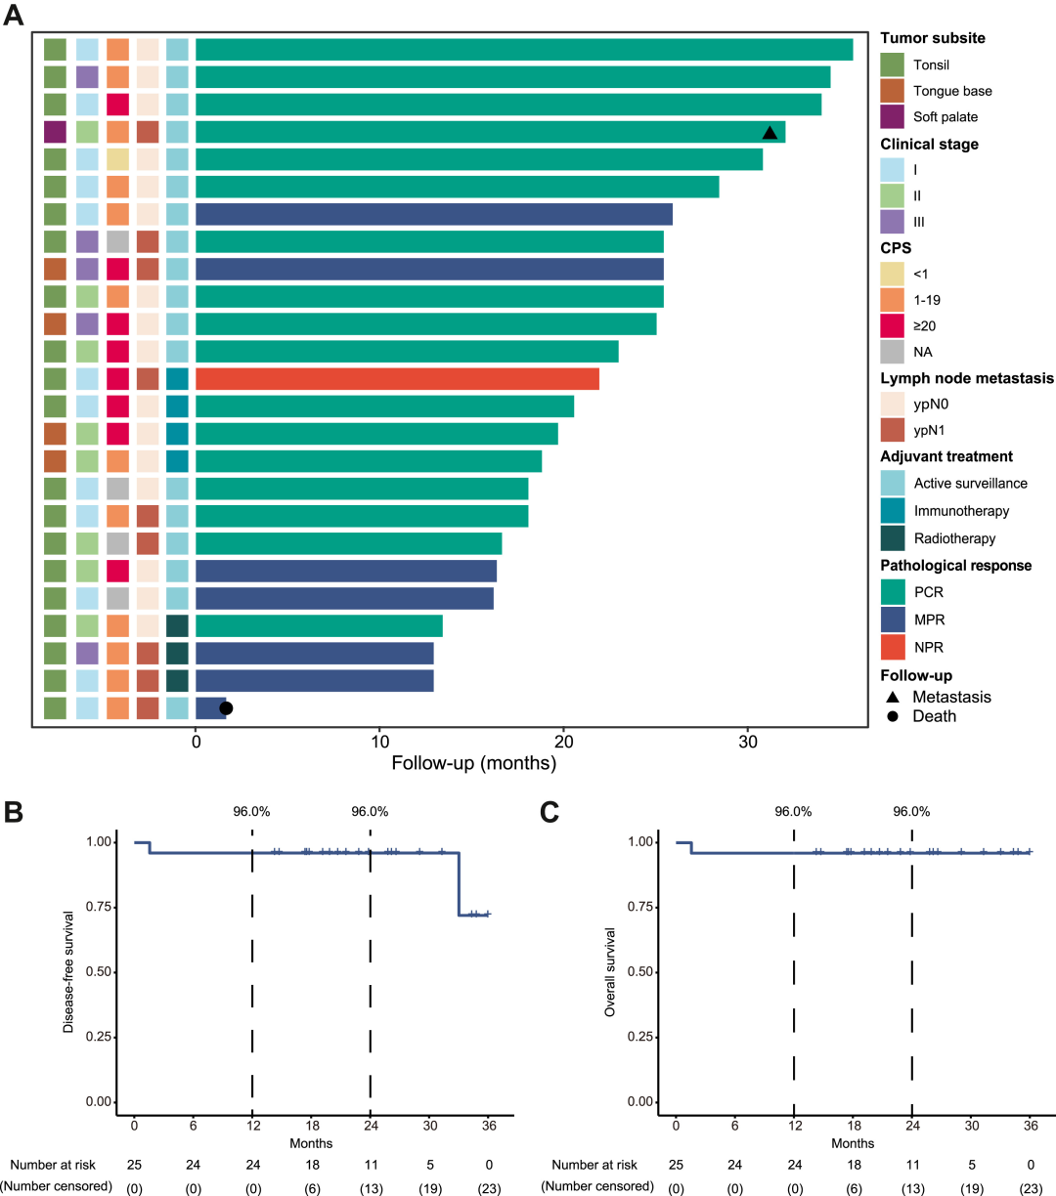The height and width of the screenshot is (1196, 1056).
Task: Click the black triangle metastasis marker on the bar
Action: click(770, 133)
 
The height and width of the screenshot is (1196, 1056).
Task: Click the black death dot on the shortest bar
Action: click(226, 708)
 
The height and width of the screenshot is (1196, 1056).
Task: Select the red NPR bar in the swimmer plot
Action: click(397, 379)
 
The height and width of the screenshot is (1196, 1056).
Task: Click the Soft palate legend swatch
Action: click(892, 116)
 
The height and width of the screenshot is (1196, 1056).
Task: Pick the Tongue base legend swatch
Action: click(892, 91)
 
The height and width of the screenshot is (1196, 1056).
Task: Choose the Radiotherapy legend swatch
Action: click(892, 538)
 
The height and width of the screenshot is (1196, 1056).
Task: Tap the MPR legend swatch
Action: click(892, 619)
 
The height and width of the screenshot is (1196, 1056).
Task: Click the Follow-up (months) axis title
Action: click(473, 763)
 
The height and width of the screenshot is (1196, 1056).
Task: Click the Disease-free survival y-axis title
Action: click(69, 971)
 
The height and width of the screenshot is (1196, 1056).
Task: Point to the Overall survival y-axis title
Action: click(610, 971)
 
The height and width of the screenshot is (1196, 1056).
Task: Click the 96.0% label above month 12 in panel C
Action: click(793, 811)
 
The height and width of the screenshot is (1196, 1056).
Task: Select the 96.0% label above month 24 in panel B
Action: click(370, 811)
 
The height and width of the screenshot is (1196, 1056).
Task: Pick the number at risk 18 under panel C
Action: click(853, 1165)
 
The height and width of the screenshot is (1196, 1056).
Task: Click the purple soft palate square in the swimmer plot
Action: click(55, 132)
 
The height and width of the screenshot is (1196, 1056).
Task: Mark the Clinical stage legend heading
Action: click(929, 144)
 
